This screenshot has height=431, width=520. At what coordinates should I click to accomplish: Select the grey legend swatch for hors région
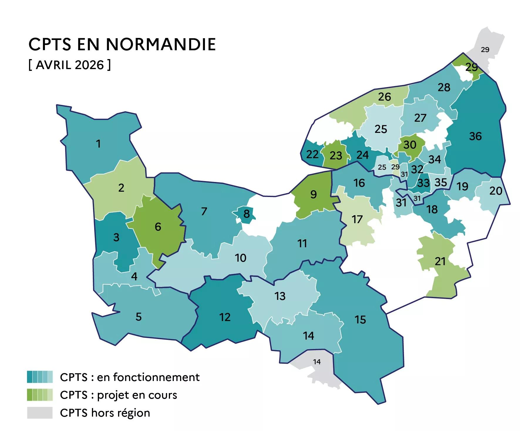click(40, 412)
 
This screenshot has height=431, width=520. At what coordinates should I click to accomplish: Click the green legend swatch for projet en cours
click(40, 395)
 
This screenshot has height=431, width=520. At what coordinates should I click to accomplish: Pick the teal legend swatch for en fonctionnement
click(40, 377)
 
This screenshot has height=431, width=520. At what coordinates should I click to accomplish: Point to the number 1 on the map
click(98, 144)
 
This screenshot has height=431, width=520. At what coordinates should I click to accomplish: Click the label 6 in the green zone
click(158, 227)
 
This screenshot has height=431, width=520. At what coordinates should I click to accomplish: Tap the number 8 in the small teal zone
click(246, 214)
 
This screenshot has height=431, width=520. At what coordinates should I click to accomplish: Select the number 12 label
click(225, 317)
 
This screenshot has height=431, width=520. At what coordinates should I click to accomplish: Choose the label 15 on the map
click(360, 320)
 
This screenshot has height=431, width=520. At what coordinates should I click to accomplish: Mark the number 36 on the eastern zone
click(475, 136)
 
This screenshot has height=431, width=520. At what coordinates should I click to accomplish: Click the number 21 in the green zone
click(440, 261)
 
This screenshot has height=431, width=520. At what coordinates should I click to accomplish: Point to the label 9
click(314, 194)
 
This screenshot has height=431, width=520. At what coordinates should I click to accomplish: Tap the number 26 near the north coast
click(384, 97)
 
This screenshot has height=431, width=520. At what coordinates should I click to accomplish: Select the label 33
click(423, 183)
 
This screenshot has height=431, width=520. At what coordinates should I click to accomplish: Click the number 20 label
click(496, 191)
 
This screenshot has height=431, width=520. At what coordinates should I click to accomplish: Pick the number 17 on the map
click(357, 219)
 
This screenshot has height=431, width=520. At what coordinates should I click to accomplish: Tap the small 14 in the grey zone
click(317, 362)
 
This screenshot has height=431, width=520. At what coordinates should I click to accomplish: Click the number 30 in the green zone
click(410, 145)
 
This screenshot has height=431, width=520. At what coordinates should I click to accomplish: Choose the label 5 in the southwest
click(139, 317)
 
